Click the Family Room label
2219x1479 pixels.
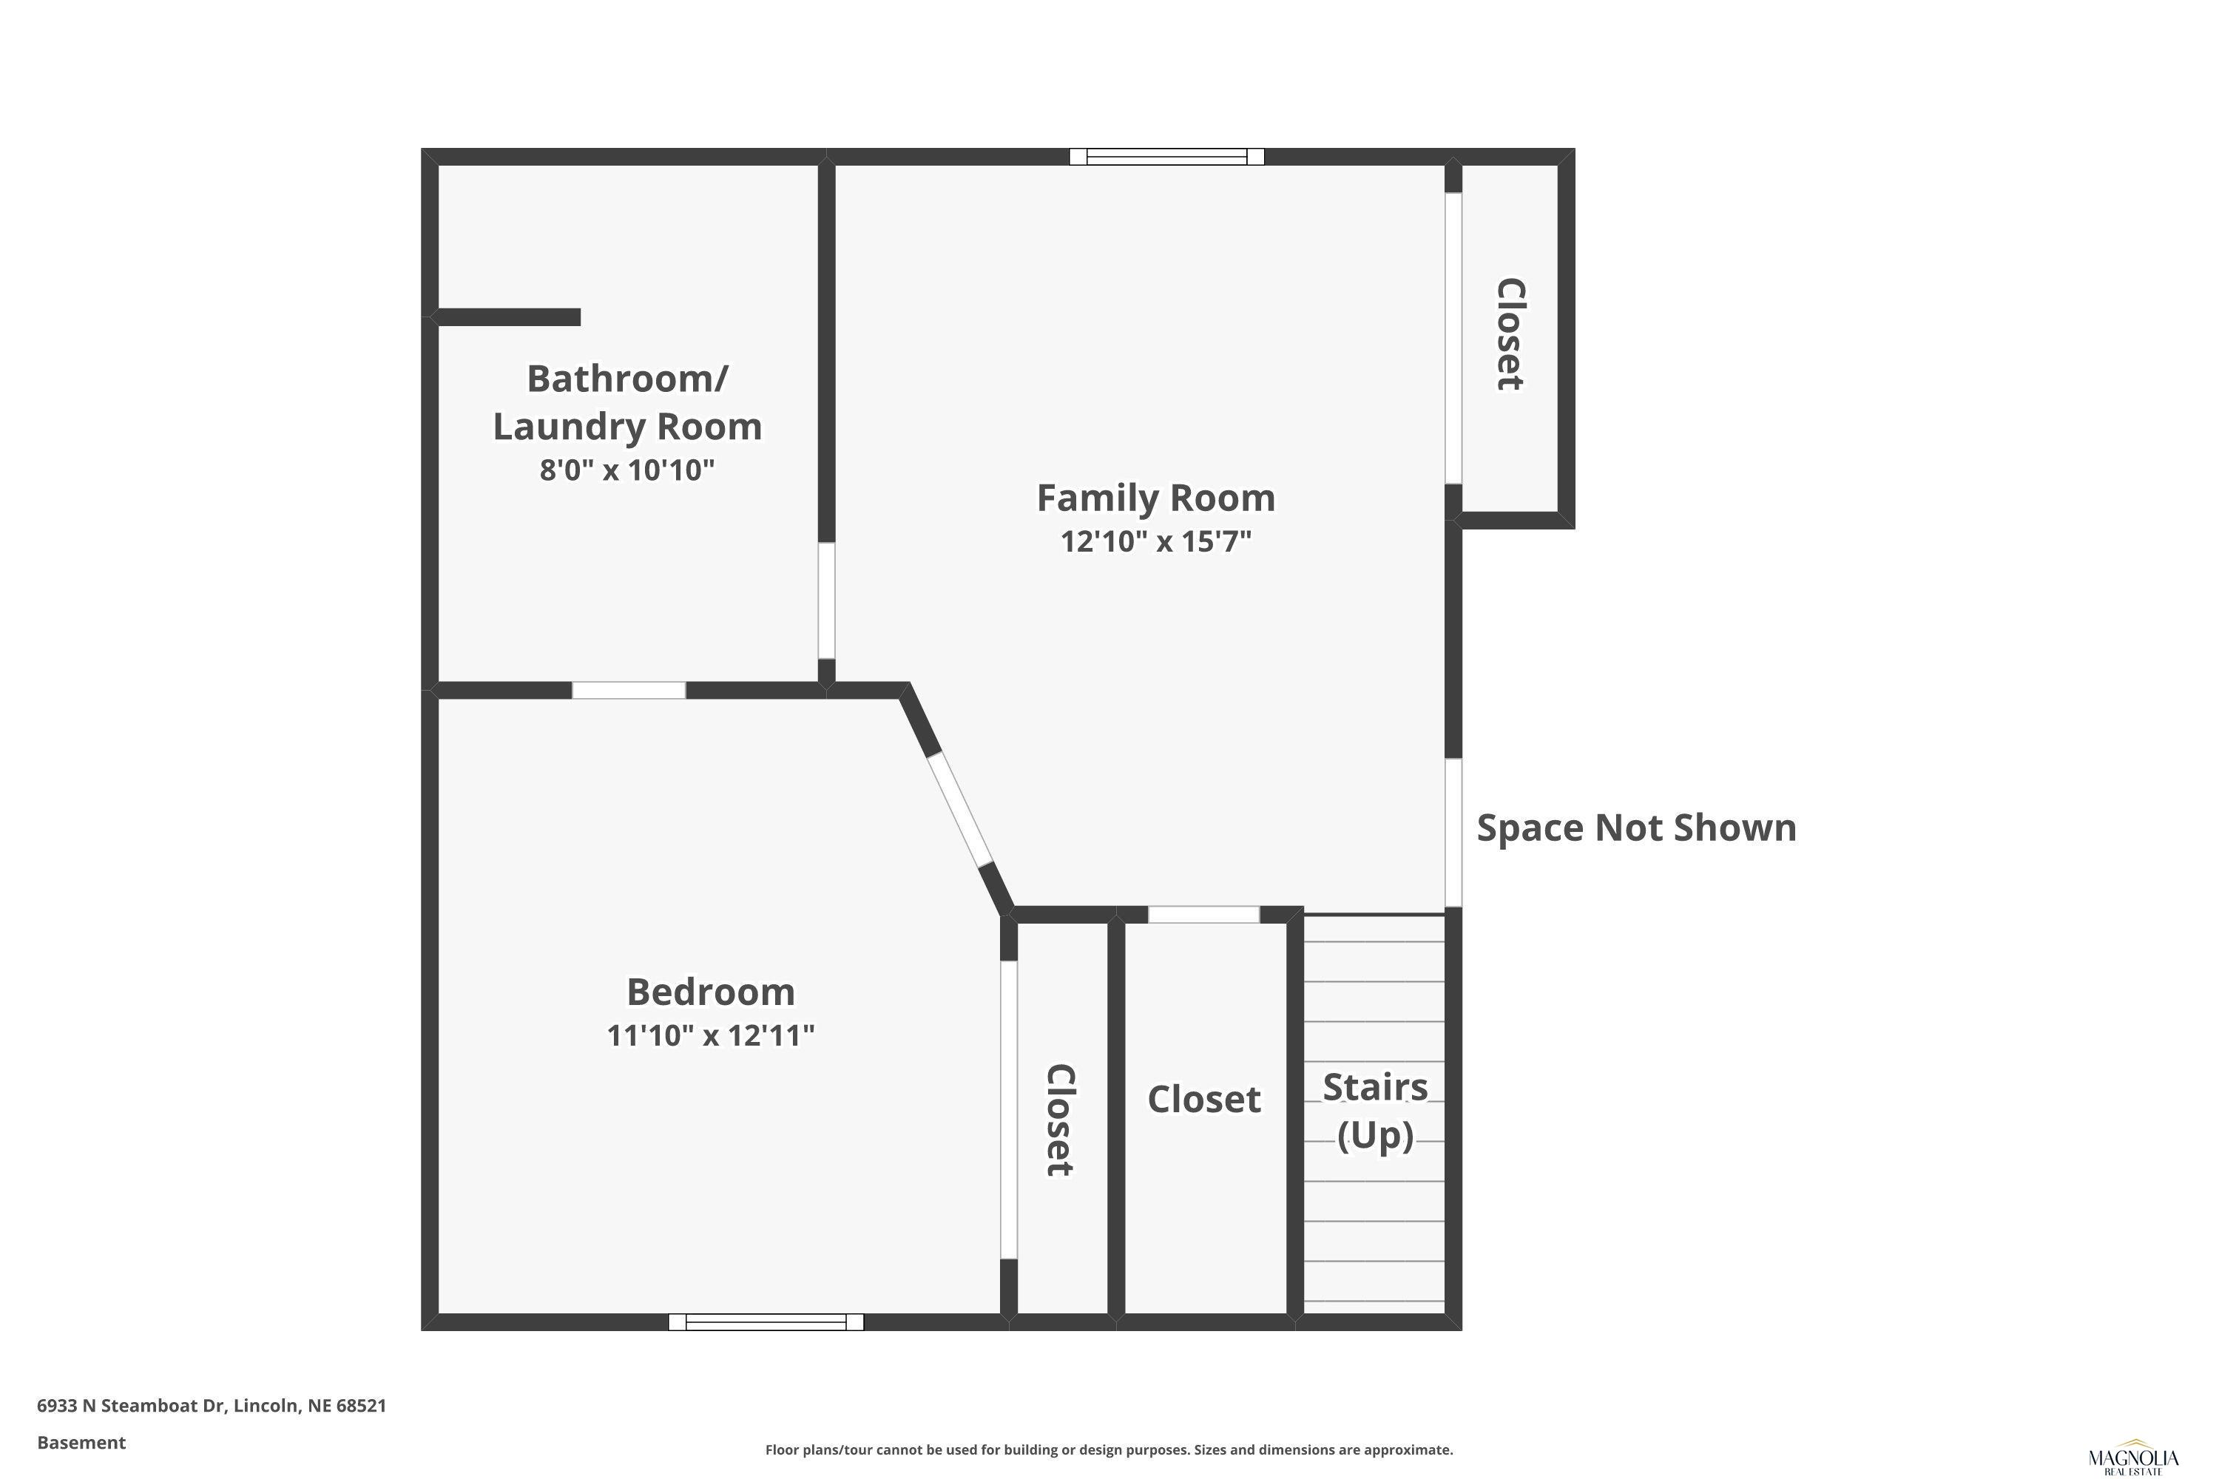(x=1155, y=498)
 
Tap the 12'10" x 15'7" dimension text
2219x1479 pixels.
(x=1155, y=541)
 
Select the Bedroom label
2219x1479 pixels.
(x=710, y=992)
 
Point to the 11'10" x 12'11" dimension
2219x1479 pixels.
(x=710, y=1036)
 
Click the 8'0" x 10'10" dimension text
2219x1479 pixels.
(x=627, y=470)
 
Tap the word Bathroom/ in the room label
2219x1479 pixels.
(x=627, y=379)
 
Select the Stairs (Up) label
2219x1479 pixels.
(x=1376, y=1111)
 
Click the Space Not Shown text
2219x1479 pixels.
(x=1637, y=828)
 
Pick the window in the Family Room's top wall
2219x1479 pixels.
(x=1167, y=157)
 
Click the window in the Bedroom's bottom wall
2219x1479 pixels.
(x=766, y=1321)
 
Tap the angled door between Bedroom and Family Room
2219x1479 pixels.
(x=960, y=809)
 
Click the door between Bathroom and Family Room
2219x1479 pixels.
(x=826, y=600)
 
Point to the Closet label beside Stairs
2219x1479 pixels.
(x=1204, y=1100)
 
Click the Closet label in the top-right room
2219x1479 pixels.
(x=1510, y=334)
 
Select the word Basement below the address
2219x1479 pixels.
(x=81, y=1442)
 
